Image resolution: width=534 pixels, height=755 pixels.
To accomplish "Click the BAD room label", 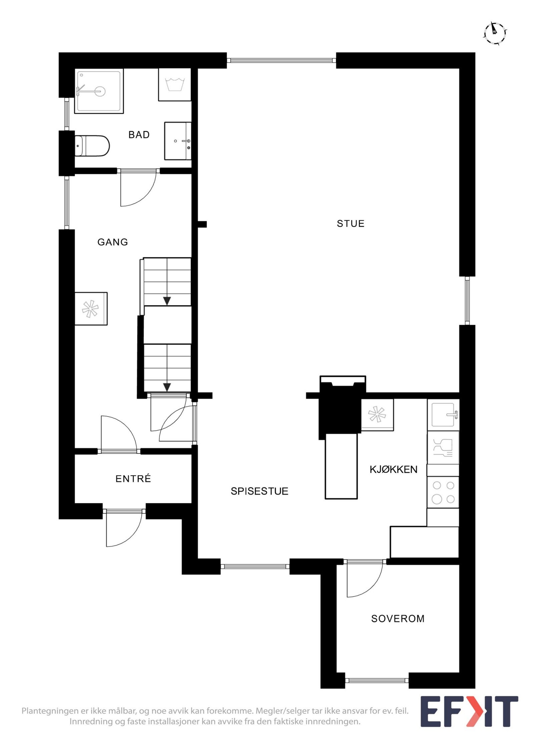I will pyautogui.click(x=139, y=135).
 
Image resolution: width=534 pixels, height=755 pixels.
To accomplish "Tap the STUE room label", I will pyautogui.click(x=350, y=224).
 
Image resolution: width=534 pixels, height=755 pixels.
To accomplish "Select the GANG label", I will pyautogui.click(x=112, y=242).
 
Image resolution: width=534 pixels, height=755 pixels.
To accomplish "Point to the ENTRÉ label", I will pyautogui.click(x=133, y=479).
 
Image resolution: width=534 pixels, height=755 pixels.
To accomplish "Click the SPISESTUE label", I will pyautogui.click(x=259, y=491).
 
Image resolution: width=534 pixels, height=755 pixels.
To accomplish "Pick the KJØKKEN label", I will pyautogui.click(x=393, y=469).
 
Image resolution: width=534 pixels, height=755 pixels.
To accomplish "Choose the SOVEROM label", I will pyautogui.click(x=397, y=619).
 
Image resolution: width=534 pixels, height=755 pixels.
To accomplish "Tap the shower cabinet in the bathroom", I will pyautogui.click(x=99, y=91).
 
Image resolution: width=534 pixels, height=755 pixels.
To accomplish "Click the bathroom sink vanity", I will pyautogui.click(x=178, y=141).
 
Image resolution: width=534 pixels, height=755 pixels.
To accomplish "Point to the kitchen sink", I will pyautogui.click(x=443, y=415).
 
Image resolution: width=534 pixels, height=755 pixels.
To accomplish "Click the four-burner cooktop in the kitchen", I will pyautogui.click(x=443, y=492).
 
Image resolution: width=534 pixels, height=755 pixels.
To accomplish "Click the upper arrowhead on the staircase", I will pyautogui.click(x=167, y=301).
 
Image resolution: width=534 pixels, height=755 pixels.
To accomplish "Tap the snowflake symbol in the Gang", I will pyautogui.click(x=90, y=309).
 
